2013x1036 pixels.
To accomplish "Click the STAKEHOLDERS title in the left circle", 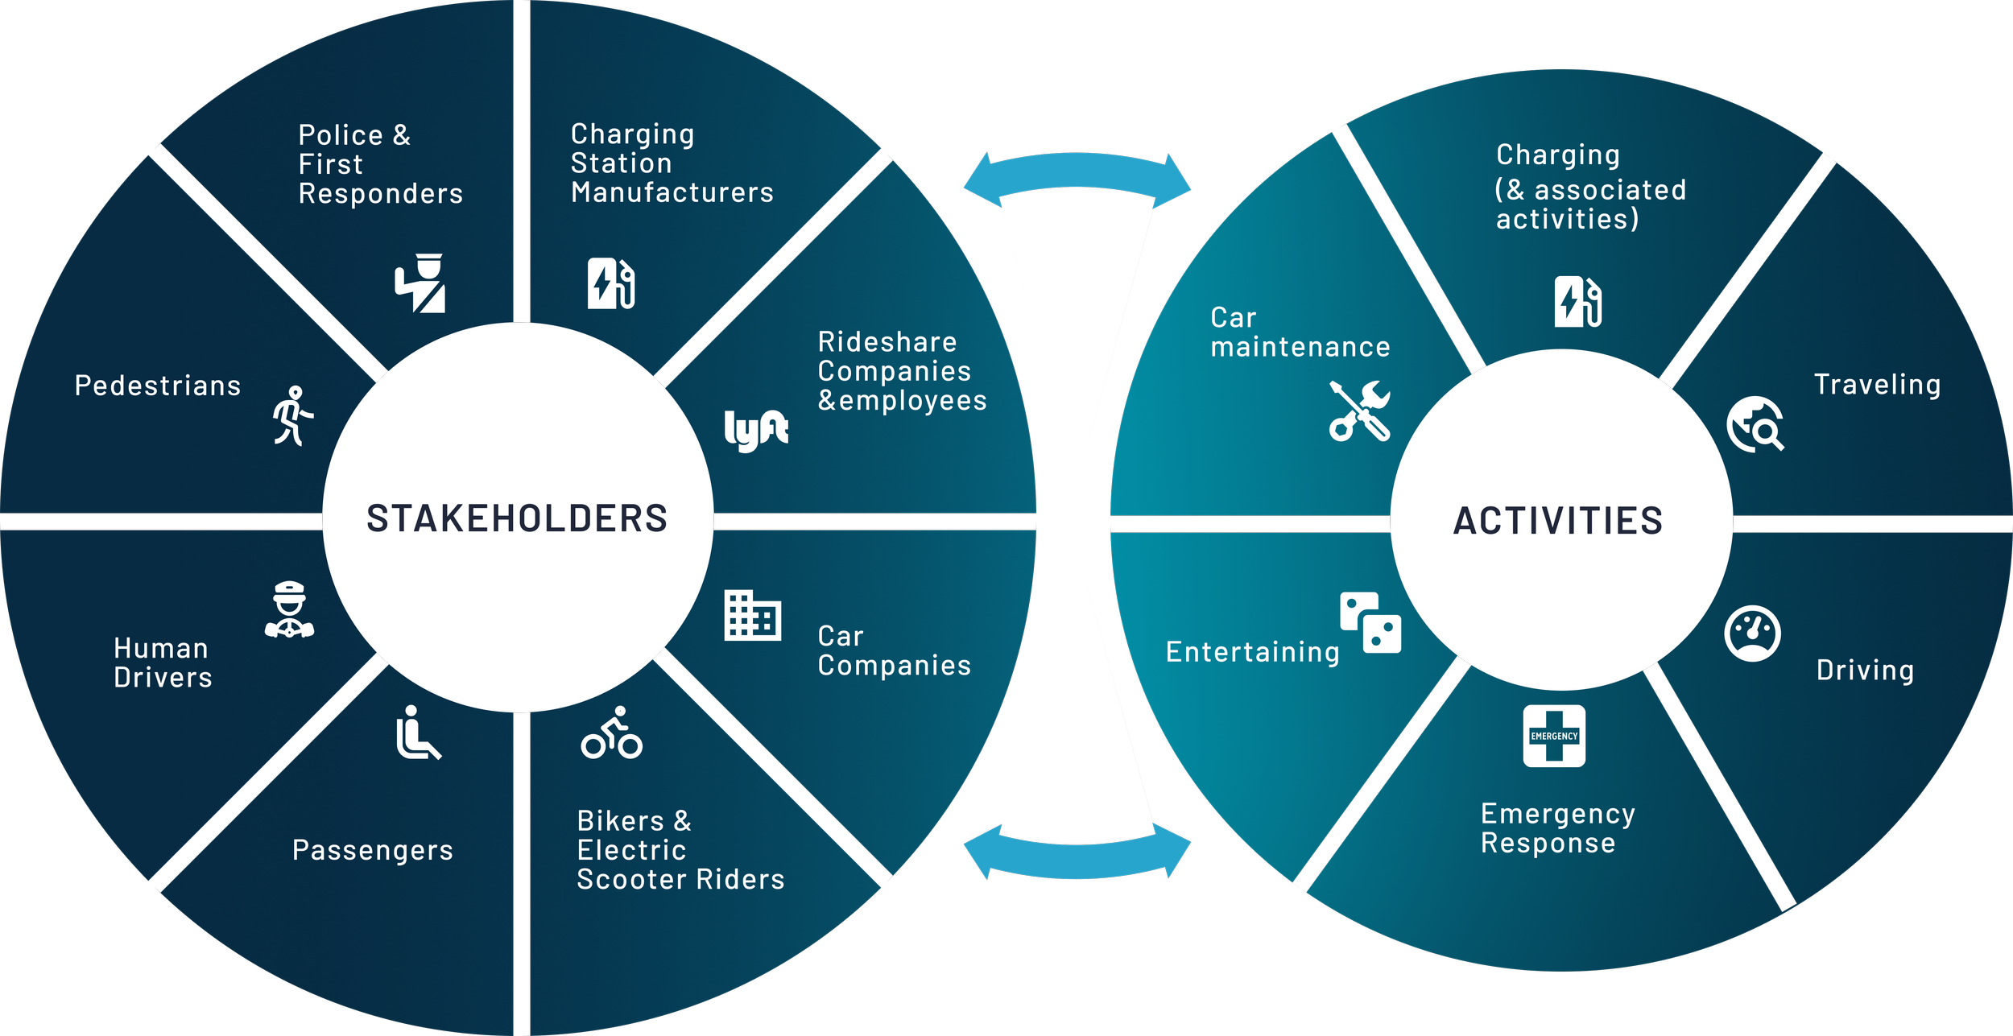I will (x=517, y=518).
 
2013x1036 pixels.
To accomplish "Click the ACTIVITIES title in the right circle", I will (x=1557, y=521).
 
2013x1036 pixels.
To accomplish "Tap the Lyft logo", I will (x=755, y=431).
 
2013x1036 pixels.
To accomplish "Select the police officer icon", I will (x=420, y=283).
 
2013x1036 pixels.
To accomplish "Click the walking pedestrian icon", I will (x=292, y=415).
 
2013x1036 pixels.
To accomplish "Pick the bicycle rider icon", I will (x=612, y=733).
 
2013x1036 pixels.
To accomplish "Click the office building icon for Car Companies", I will (x=752, y=616).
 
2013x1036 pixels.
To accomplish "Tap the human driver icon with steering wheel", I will (x=289, y=610).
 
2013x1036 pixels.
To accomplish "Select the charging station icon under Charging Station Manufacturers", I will (x=611, y=283).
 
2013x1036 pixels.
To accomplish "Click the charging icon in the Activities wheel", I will (x=1577, y=302).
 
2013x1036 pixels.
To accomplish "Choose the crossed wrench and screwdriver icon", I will (x=1359, y=411).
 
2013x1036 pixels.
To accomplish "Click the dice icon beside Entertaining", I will (x=1370, y=622).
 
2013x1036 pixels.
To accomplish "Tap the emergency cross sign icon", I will (x=1554, y=736).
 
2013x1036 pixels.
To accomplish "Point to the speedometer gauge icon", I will (x=1752, y=634).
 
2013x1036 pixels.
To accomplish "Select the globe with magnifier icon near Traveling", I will (x=1755, y=424).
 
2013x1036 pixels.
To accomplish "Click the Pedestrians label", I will (x=158, y=386).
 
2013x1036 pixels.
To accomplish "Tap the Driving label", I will (x=1865, y=671).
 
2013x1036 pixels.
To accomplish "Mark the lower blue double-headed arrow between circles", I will (x=1077, y=857).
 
